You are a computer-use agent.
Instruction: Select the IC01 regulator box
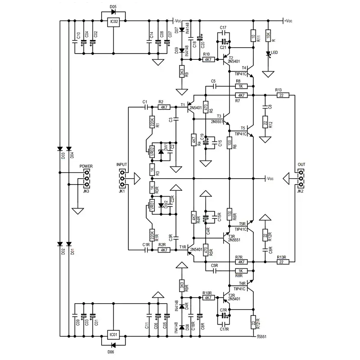pyautogui.click(x=114, y=335)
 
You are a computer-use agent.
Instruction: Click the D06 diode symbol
pyautogui.click(x=113, y=345)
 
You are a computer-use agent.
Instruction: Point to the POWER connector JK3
pyautogui.click(x=86, y=178)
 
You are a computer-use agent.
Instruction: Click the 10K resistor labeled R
pyautogui.click(x=268, y=35)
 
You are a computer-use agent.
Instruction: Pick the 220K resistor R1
pyautogui.click(x=152, y=122)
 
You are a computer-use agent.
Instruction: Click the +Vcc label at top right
pyautogui.click(x=288, y=21)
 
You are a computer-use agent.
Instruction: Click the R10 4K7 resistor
pyautogui.click(x=207, y=59)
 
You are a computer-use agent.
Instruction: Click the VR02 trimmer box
pyautogui.click(x=152, y=150)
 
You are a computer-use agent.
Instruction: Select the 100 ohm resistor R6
pyautogui.click(x=229, y=144)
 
